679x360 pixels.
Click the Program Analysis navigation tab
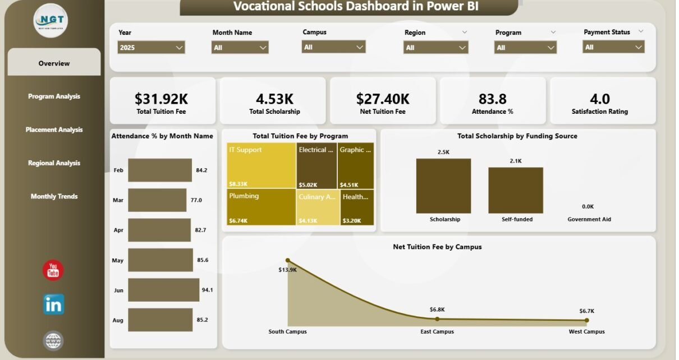(54, 96)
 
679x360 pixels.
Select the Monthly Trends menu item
(54, 196)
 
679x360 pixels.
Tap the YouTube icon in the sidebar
(53, 271)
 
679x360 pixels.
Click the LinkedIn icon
(53, 304)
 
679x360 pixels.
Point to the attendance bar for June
(163, 290)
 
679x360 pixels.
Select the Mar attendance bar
(157, 200)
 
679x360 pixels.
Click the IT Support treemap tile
(261, 165)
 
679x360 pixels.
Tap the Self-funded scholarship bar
(516, 190)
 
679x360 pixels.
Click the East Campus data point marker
(437, 319)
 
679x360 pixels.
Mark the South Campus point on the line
(288, 260)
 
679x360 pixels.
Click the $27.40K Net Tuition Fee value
(383, 99)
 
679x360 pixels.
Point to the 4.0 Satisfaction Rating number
(600, 99)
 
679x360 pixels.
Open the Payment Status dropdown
(614, 48)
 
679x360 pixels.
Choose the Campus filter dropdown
(334, 48)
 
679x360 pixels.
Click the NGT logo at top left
(51, 21)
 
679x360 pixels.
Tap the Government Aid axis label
(589, 219)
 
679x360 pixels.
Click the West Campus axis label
(586, 331)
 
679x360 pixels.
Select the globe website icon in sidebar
(53, 340)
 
